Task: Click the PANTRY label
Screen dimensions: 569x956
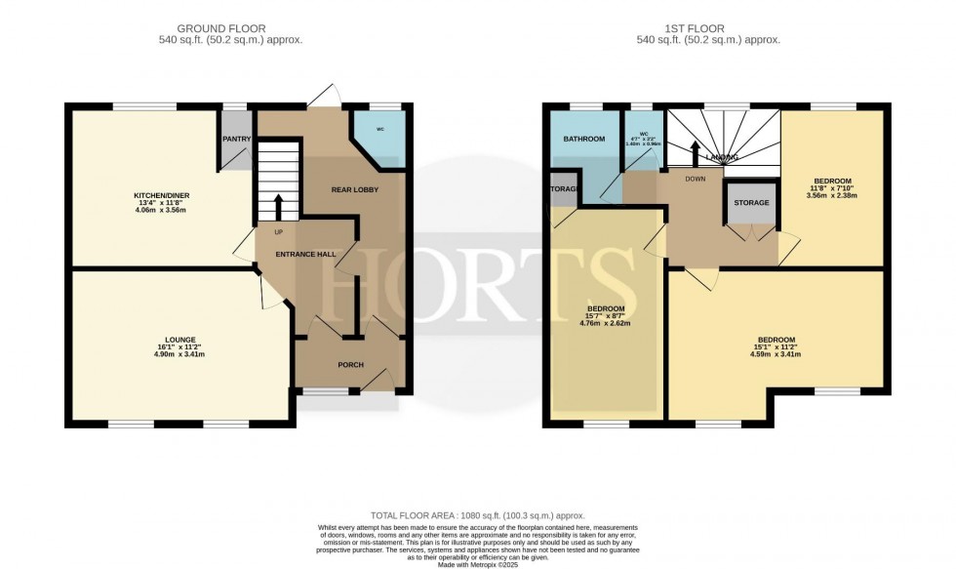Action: point(237,139)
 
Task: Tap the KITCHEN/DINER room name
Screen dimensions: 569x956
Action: point(160,196)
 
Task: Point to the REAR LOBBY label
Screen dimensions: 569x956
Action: point(355,189)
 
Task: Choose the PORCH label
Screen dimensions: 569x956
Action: point(350,365)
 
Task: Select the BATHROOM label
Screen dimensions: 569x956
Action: point(584,140)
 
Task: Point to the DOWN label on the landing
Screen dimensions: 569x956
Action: point(695,179)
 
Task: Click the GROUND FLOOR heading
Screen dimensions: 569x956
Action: point(229,29)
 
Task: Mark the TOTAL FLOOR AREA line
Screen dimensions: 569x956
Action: point(477,514)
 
